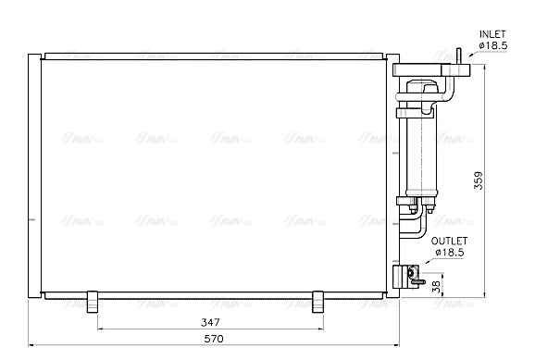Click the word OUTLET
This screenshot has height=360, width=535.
(x=450, y=239)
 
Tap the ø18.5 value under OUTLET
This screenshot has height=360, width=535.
(x=450, y=251)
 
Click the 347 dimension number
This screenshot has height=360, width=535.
(x=210, y=322)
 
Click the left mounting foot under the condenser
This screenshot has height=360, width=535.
(x=93, y=302)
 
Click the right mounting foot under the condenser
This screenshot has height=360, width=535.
(x=317, y=302)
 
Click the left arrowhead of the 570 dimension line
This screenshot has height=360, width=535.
(x=33, y=346)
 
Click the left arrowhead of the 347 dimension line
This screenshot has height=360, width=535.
(x=98, y=329)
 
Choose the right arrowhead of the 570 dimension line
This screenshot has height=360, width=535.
(x=392, y=346)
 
